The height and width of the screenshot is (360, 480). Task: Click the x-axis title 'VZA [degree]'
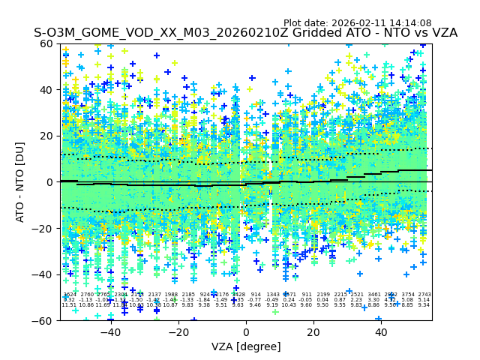point(246,346)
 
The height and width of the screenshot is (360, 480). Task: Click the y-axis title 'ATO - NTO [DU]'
point(20,181)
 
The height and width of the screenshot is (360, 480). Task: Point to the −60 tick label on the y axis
point(45,320)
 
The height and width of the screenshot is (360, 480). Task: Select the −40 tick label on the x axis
point(110,332)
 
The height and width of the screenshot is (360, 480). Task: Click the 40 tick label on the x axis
point(381,332)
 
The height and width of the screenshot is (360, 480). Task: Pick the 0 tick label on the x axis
point(246,332)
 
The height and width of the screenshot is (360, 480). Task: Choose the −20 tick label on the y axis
point(45,228)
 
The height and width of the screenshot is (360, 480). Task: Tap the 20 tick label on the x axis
point(313,332)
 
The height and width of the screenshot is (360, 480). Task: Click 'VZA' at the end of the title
point(441,33)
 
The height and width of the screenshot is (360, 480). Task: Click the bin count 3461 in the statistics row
point(374,295)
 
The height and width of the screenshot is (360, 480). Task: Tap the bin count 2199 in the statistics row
point(323,295)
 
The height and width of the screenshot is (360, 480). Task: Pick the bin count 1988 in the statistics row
point(171,295)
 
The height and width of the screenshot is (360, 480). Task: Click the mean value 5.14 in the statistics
point(424,300)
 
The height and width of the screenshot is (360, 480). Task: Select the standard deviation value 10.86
point(86,305)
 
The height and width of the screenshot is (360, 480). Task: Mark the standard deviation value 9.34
point(424,305)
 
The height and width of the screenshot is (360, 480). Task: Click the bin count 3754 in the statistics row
point(408,295)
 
